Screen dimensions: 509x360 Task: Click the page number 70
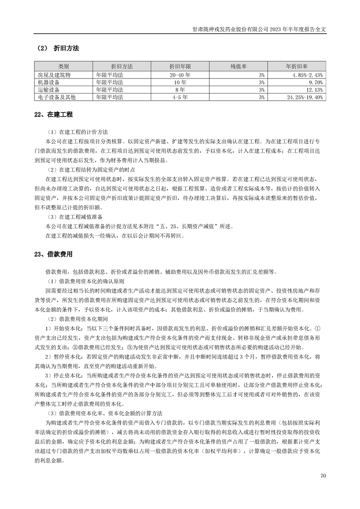(323, 476)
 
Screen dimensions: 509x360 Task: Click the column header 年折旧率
(296, 66)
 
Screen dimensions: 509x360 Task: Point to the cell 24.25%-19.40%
(305, 98)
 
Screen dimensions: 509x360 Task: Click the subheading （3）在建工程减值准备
(74, 216)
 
